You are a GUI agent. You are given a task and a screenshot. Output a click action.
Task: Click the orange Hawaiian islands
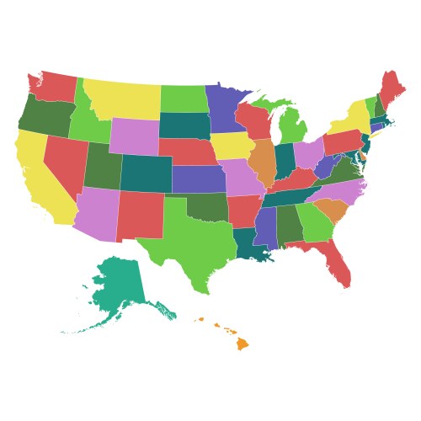[242, 343]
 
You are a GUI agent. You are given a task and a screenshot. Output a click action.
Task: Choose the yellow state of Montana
[122, 99]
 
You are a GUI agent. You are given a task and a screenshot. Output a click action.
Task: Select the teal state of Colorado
[146, 173]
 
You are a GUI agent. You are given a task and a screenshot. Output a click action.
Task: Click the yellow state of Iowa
[232, 146]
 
